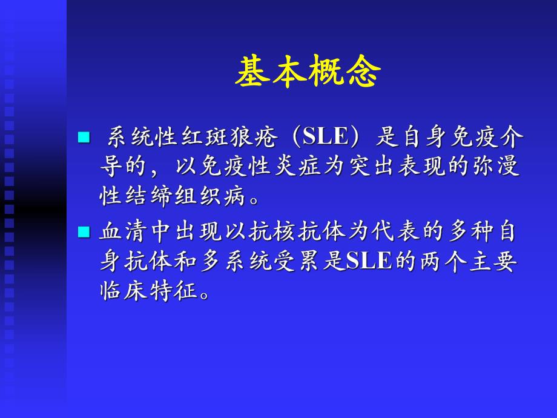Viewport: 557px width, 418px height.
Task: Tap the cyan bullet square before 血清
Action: tap(84, 231)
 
